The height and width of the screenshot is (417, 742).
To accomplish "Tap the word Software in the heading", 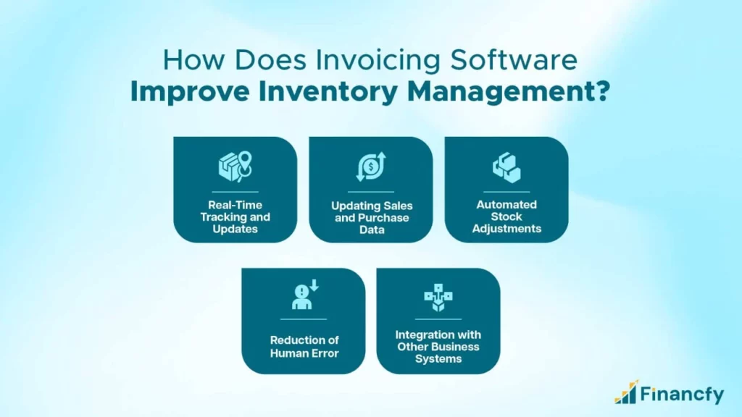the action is [514, 60].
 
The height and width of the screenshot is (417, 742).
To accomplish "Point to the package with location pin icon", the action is [235, 167].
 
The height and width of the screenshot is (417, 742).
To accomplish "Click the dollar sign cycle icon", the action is [371, 167].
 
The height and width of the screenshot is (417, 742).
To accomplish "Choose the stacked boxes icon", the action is [507, 167].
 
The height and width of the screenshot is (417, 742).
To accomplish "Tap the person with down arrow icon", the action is [304, 295].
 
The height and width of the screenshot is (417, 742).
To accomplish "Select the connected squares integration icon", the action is [438, 298].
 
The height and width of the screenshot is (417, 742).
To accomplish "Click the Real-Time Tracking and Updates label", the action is [235, 217].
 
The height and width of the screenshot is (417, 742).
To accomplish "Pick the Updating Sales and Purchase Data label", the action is [372, 218].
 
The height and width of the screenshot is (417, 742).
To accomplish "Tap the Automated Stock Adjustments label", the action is [507, 216].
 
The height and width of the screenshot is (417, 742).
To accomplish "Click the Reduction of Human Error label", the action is [304, 347].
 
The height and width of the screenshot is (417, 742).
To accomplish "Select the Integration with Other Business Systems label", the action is [438, 347].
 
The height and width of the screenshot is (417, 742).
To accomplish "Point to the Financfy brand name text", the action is [683, 394].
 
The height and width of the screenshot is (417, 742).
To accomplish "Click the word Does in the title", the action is [270, 61].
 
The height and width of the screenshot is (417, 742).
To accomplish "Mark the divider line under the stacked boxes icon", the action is [507, 192].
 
